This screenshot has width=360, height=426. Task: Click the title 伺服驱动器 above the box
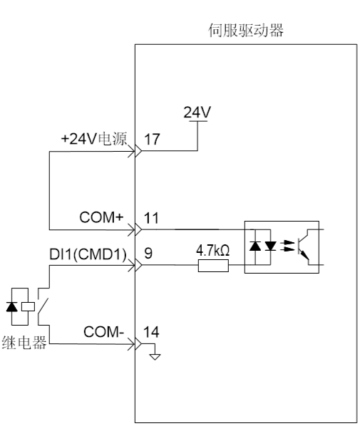tap(246, 30)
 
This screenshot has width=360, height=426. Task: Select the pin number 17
tap(152, 139)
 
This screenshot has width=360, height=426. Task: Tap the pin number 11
tap(151, 218)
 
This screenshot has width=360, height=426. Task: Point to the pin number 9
tap(148, 253)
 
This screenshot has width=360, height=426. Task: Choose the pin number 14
tap(151, 332)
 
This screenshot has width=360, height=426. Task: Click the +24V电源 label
tap(94, 139)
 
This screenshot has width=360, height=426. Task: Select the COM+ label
tap(101, 217)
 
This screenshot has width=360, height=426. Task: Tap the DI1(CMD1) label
tap(88, 254)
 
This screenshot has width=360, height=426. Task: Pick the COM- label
tap(103, 332)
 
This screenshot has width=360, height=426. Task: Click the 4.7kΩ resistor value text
tap(213, 251)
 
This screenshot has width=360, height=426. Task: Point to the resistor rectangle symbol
tap(213, 266)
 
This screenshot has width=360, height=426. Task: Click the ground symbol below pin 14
tap(155, 357)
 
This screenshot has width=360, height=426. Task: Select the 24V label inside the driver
tap(197, 112)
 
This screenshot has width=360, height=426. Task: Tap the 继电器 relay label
tap(24, 343)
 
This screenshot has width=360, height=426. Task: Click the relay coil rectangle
tap(28, 306)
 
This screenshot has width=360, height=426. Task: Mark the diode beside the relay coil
tap(12, 306)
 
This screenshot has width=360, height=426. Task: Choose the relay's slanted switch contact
tap(43, 306)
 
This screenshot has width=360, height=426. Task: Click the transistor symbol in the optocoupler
tap(304, 246)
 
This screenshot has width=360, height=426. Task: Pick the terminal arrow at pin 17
tap(138, 151)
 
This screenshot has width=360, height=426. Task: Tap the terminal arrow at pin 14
tap(138, 344)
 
